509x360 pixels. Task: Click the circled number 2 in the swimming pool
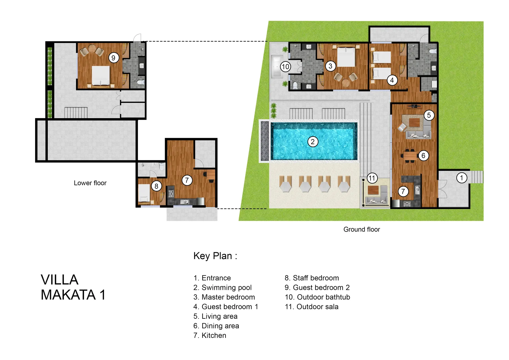[x=312, y=142]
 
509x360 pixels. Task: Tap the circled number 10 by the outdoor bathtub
[x=285, y=67]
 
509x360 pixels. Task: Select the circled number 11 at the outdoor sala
[x=372, y=178]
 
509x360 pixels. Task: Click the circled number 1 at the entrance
[x=461, y=178]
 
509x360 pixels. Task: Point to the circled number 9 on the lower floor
[x=113, y=58]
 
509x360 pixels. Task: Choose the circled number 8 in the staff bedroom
[x=156, y=186]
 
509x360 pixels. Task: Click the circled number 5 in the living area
[x=429, y=115]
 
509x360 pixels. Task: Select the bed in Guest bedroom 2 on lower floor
[x=101, y=75]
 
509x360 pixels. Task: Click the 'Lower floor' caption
[x=90, y=183]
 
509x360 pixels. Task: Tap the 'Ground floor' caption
[x=361, y=229]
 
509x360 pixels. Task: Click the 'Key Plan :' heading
[x=215, y=256]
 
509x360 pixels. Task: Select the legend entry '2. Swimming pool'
[x=222, y=288]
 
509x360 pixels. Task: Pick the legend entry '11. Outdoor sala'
[x=311, y=307]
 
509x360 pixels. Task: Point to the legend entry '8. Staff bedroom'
[x=312, y=278]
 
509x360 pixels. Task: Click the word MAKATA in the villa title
[x=68, y=295]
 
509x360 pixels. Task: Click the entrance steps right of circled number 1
[x=477, y=177]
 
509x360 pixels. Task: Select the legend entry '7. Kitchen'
[x=210, y=336]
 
